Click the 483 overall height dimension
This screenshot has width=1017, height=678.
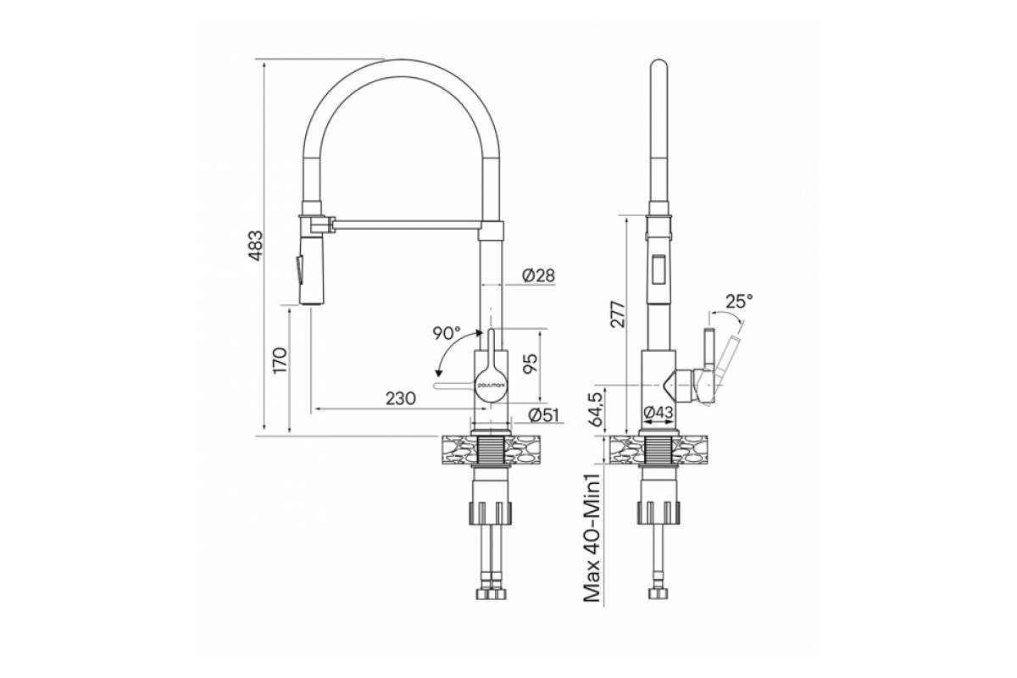(257, 246)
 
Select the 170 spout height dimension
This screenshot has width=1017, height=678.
(281, 359)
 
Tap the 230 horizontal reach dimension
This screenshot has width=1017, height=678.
(400, 398)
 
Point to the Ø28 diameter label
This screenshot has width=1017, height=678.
(538, 275)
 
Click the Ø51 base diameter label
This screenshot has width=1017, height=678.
(543, 415)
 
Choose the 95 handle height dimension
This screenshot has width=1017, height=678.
(530, 364)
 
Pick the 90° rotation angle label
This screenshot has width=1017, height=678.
(447, 333)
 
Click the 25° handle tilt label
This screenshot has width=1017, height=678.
(739, 301)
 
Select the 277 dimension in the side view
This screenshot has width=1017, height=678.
(618, 314)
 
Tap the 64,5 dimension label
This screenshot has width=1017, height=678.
(595, 408)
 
